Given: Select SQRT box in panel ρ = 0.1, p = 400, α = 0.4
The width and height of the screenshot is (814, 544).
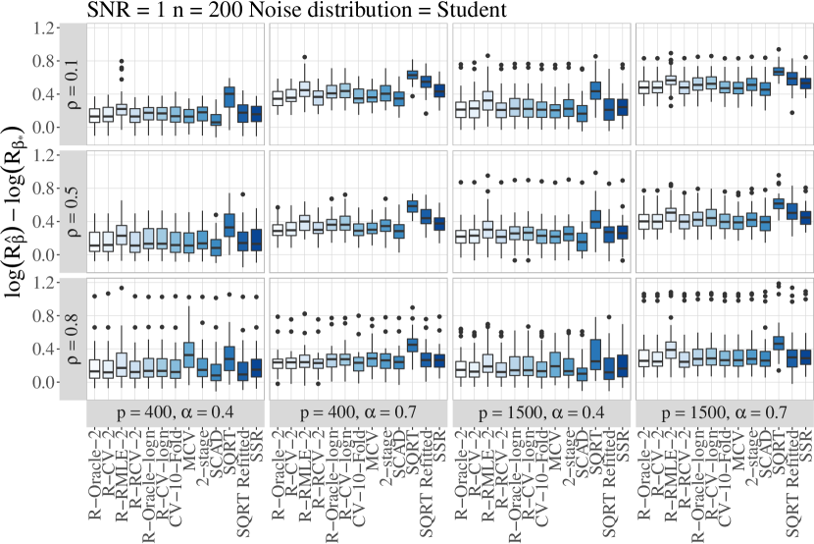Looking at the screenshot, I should point(229,96).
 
